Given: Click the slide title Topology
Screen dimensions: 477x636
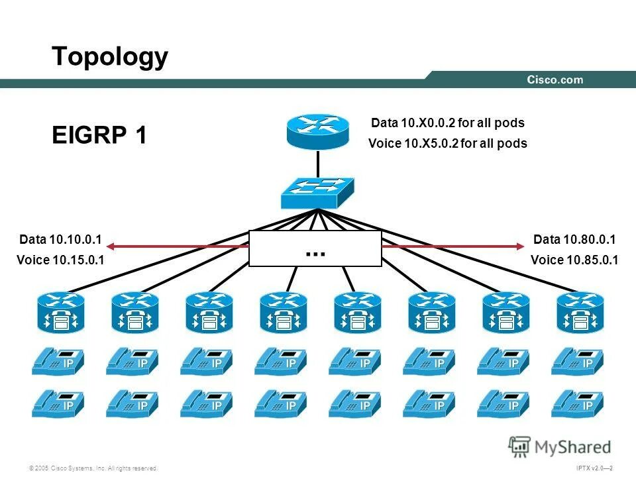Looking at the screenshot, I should click(110, 58).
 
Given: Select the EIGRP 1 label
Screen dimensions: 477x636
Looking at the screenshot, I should click(99, 135).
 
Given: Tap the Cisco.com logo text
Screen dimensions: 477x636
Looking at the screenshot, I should click(555, 80).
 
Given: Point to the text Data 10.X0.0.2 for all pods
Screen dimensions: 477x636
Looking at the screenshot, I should click(447, 123).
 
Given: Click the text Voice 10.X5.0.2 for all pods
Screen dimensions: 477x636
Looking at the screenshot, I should click(447, 144).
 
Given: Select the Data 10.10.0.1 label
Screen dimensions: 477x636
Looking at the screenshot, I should click(62, 239).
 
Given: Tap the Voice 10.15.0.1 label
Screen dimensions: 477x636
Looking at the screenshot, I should click(60, 260).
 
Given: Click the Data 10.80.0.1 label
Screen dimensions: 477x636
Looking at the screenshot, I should click(574, 239).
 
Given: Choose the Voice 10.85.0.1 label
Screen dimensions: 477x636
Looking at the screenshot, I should click(574, 260).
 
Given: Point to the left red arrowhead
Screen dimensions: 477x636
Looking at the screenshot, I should click(111, 247).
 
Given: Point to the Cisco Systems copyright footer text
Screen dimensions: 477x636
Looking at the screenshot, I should click(93, 468).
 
